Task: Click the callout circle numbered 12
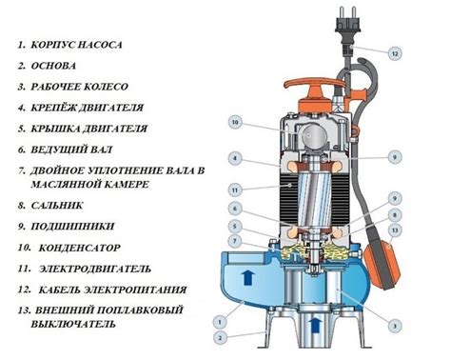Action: [x=395, y=53]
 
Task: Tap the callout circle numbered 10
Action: [x=235, y=123]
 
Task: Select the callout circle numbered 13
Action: [x=395, y=230]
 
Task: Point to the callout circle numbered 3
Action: [x=395, y=326]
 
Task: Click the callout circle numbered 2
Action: [x=220, y=338]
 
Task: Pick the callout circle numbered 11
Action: [x=235, y=190]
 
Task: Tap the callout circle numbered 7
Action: [x=235, y=241]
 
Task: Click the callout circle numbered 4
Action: [x=235, y=158]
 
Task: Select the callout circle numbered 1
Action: [x=220, y=322]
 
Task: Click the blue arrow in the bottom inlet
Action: [x=315, y=326]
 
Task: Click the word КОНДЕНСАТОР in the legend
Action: [x=80, y=248]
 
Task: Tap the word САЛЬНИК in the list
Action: [x=57, y=206]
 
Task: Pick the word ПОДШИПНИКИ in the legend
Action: [x=72, y=227]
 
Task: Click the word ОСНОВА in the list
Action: [x=53, y=66]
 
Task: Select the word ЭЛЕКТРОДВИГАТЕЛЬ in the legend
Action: [x=95, y=270]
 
